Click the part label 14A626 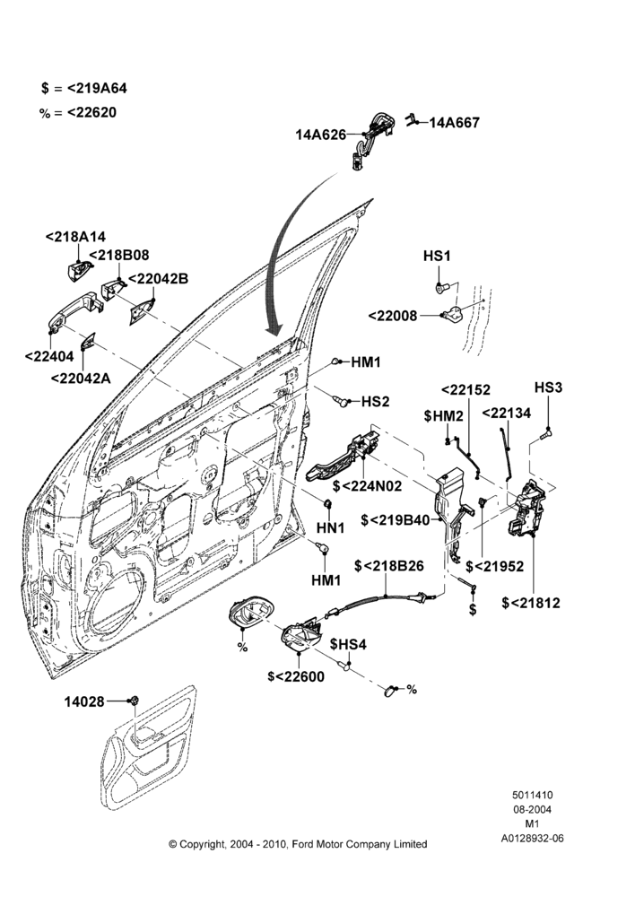(x=321, y=135)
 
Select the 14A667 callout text (x=454, y=122)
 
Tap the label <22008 (x=393, y=316)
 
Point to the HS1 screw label (x=437, y=257)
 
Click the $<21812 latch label (x=531, y=603)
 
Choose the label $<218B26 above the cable (x=389, y=566)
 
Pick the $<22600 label (x=296, y=676)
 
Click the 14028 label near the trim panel (x=84, y=701)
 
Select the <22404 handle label (x=49, y=356)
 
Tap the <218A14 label (x=75, y=237)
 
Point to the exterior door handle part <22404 (x=73, y=312)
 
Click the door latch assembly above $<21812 (x=526, y=509)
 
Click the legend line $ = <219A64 (x=84, y=88)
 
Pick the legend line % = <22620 (x=78, y=112)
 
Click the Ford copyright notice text (x=298, y=844)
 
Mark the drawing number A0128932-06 (x=532, y=839)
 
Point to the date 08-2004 (x=532, y=809)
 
